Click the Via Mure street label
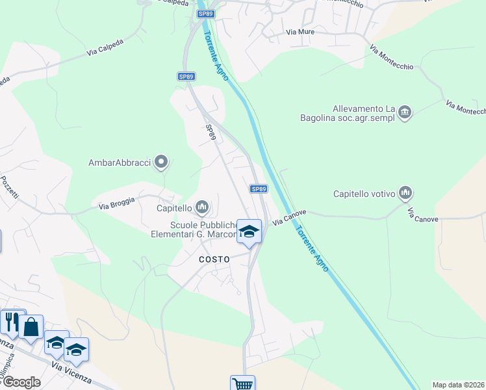click(301, 31)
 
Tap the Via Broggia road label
click(116, 203)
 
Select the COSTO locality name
click(214, 259)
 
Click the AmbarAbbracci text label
click(120, 162)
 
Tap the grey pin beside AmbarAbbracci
click(162, 162)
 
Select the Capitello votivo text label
click(363, 193)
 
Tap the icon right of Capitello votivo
click(406, 192)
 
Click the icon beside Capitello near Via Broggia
click(202, 208)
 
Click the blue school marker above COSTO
click(249, 232)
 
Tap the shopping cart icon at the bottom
click(242, 383)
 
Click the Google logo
click(21, 382)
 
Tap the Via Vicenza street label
click(71, 374)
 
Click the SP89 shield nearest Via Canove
click(259, 188)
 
